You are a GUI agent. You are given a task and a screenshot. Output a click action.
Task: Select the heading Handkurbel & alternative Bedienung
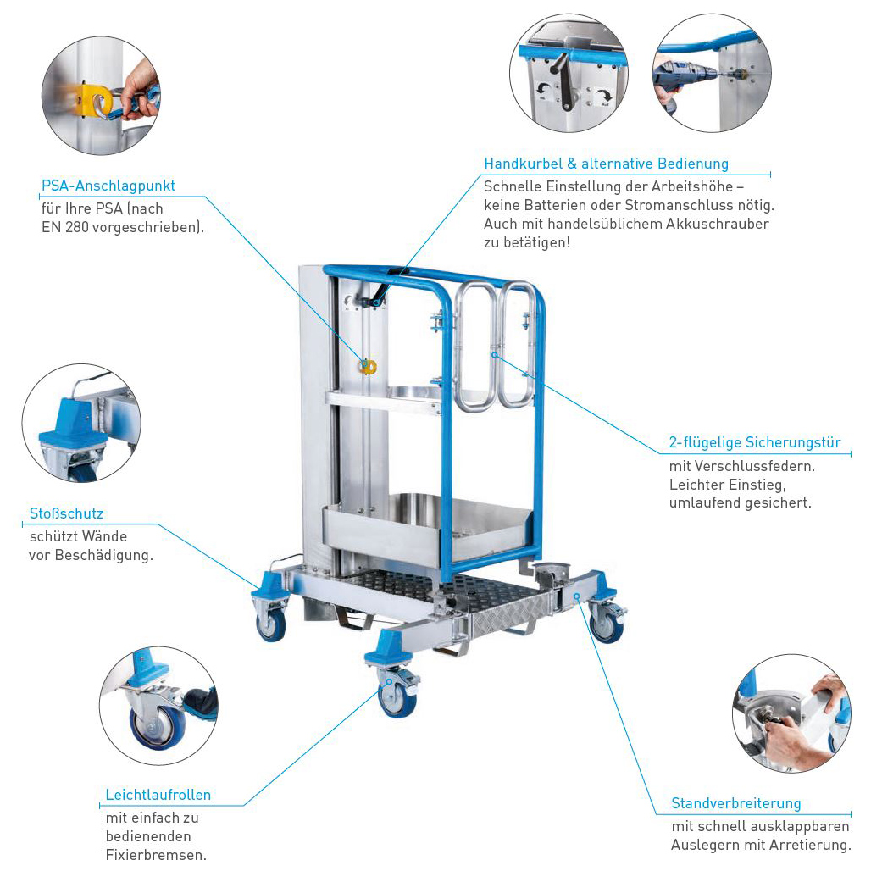[606, 164]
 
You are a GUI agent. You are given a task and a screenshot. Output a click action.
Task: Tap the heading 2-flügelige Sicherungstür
[754, 442]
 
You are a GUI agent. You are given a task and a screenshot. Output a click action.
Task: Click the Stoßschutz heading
[66, 513]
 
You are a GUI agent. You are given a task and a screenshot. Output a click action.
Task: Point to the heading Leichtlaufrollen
[158, 795]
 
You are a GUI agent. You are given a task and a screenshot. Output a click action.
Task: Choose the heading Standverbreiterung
[735, 803]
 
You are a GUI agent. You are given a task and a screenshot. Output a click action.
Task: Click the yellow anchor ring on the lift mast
[368, 366]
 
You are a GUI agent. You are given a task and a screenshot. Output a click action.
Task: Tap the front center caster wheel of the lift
[396, 696]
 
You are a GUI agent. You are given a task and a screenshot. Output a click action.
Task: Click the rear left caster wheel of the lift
[271, 626]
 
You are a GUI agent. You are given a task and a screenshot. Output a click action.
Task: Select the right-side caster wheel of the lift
[606, 624]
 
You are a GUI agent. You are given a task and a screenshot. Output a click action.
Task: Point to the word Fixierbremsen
[156, 855]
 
